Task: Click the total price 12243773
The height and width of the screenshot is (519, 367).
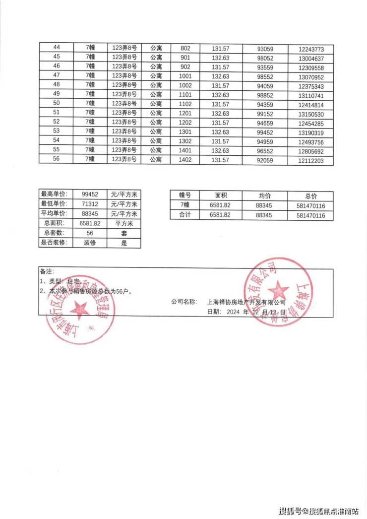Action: coord(311,49)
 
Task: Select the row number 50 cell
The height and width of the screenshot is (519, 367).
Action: coord(56,105)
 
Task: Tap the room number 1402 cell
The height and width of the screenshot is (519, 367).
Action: coord(185,160)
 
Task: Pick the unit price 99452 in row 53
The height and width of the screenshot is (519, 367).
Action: coord(265,132)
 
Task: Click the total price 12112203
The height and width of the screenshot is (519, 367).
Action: coord(311,160)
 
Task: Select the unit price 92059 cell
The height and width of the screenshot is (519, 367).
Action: coord(265,160)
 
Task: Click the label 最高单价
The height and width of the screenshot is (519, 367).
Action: coord(56,195)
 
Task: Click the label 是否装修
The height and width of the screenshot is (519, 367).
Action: coord(56,243)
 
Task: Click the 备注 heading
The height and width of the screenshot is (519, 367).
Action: coord(46,272)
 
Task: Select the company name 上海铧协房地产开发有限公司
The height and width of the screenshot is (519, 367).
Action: coord(246,302)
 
